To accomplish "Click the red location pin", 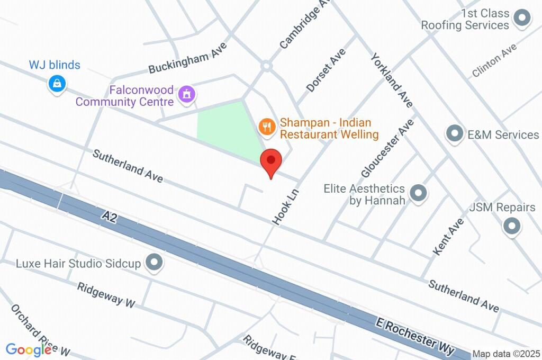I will pos(272,160).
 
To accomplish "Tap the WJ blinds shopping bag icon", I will pos(56,83).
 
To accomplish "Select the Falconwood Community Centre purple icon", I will pos(186,95).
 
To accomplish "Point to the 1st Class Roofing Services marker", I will pos(522,19).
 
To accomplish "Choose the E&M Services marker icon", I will pos(454,134).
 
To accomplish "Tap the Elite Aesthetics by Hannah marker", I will pos(418,194).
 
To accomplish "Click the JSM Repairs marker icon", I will pos(511,227).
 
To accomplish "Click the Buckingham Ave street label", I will pos(188,58).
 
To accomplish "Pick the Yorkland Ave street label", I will pos(392,79).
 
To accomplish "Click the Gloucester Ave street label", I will pos(387,148).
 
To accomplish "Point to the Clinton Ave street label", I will pos(494,60).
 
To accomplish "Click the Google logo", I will pos(29,350).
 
